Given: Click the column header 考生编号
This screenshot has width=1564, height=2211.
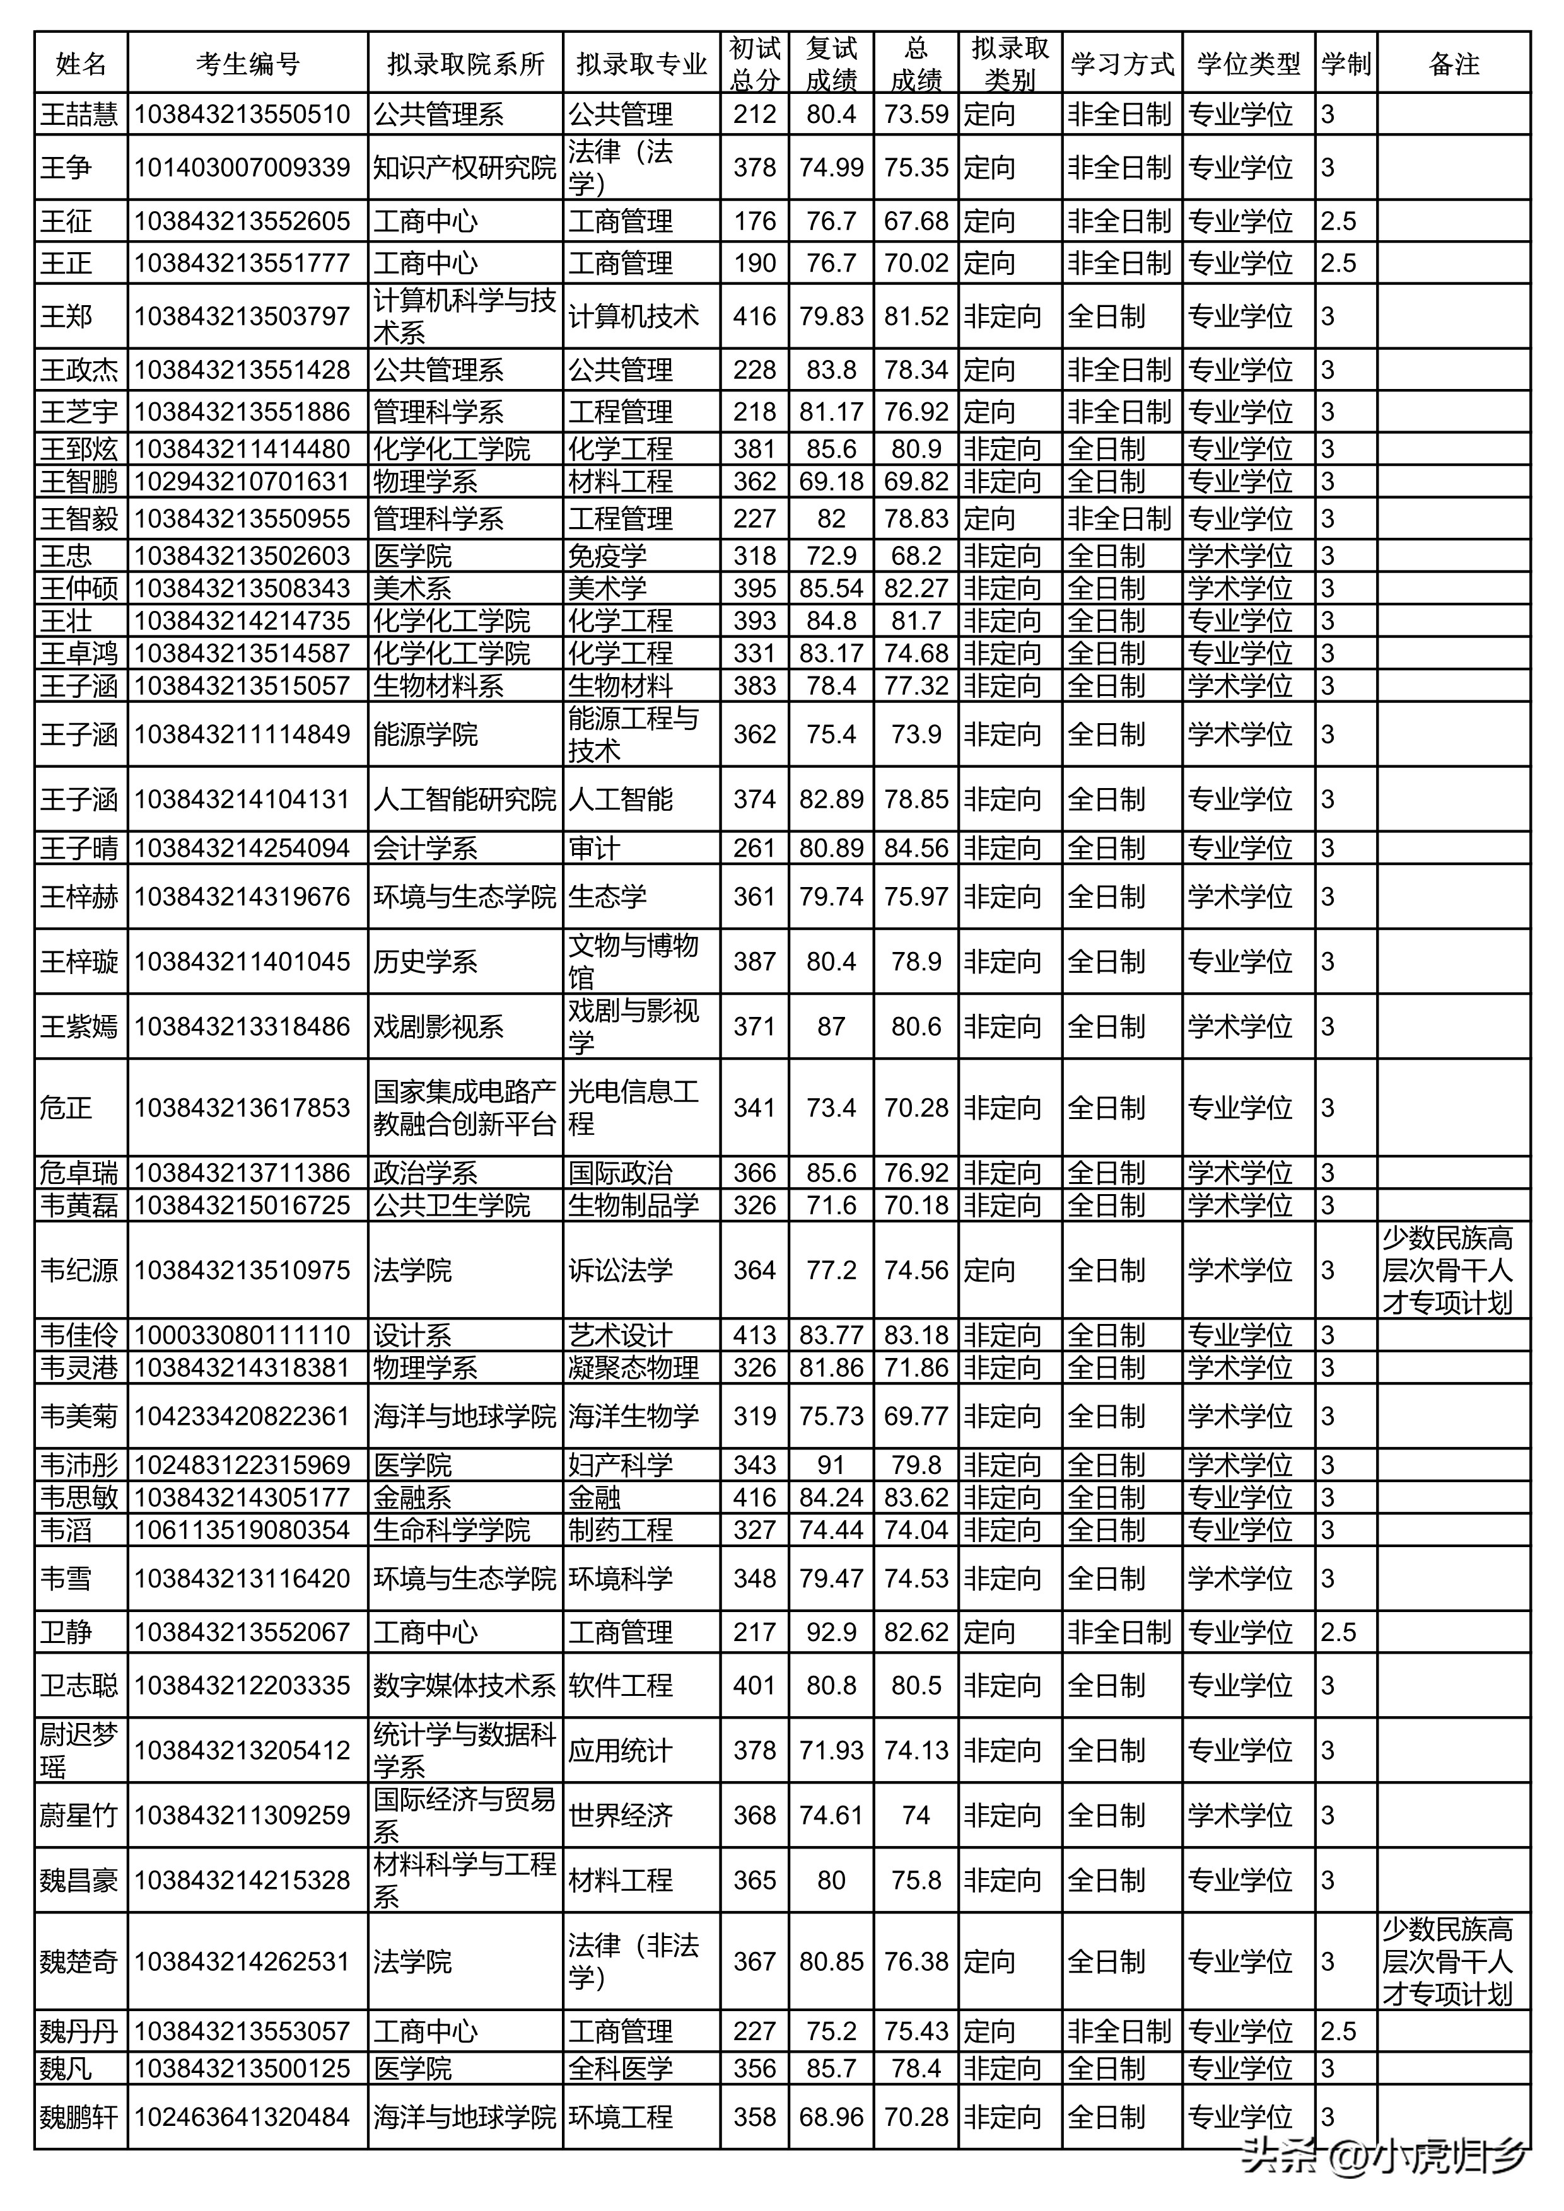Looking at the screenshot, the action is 247,64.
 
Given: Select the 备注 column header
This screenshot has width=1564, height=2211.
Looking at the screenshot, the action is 1452,64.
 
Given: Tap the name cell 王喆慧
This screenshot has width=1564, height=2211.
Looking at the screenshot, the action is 80,115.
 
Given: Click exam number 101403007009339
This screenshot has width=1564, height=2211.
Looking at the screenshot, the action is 242,168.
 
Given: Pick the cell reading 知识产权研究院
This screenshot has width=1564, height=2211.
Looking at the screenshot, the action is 465,168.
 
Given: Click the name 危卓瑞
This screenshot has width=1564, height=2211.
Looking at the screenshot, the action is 80,1173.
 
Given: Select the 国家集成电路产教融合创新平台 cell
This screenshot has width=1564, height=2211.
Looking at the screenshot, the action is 465,1108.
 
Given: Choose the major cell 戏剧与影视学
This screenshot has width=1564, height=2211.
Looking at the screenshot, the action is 633,1026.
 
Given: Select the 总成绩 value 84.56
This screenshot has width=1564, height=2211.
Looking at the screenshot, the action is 916,849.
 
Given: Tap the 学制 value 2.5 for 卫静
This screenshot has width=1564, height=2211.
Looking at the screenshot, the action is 1339,1632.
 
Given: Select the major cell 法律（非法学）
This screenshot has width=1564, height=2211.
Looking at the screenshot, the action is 633,1961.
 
